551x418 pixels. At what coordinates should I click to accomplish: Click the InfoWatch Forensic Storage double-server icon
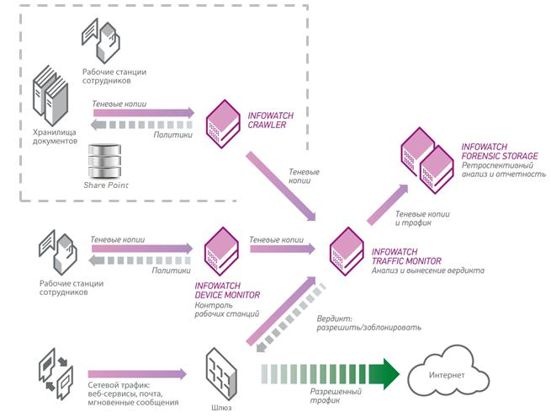coord(428,157)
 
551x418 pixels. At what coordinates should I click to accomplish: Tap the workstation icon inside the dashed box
coord(102,35)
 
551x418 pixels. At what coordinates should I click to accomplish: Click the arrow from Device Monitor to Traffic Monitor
coord(283,249)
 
